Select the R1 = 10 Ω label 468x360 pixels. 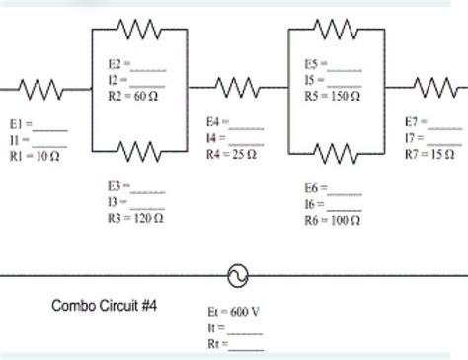click(35, 156)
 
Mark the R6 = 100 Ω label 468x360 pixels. click(334, 219)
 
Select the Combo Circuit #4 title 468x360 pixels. click(106, 306)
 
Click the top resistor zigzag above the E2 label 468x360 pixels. click(138, 29)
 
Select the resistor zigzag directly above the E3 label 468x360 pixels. click(138, 151)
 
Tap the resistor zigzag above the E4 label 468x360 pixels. click(237, 90)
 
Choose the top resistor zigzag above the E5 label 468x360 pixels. click(336, 29)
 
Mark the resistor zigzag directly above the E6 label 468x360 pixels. click(336, 151)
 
